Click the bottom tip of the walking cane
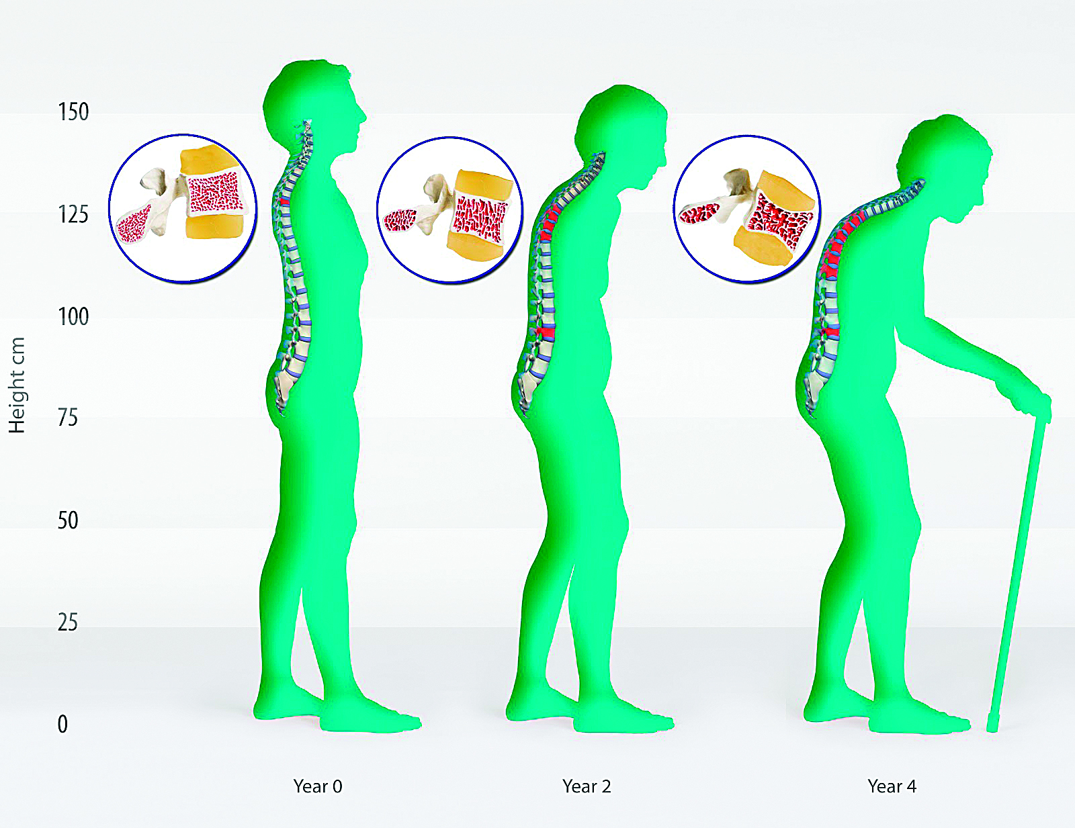pos(992,730)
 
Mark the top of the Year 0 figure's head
pos(316,60)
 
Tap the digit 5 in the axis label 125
pos(83,214)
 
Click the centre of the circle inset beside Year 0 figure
pos(183,208)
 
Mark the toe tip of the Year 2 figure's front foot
pos(672,723)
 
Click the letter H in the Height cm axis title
pos(17,424)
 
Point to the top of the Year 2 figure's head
pos(624,85)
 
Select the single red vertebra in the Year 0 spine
pos(284,201)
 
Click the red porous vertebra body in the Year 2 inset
pos(480,220)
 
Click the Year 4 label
pos(892,786)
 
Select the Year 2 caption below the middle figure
pos(587,786)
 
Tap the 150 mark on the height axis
pos(73,111)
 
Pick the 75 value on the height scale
pos(68,418)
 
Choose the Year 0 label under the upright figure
pos(318,786)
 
